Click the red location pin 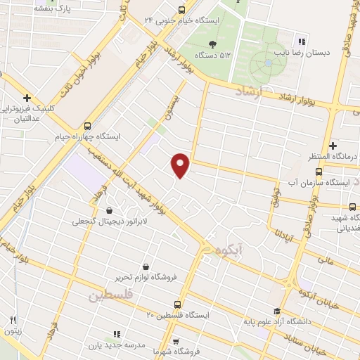[181, 165]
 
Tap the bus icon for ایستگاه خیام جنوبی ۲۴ [182, 10]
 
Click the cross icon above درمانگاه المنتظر [333, 145]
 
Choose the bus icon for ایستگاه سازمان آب [319, 172]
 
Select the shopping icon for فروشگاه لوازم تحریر [146, 266]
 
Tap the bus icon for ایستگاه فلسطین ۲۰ [176, 304]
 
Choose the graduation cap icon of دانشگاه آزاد [277, 311]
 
